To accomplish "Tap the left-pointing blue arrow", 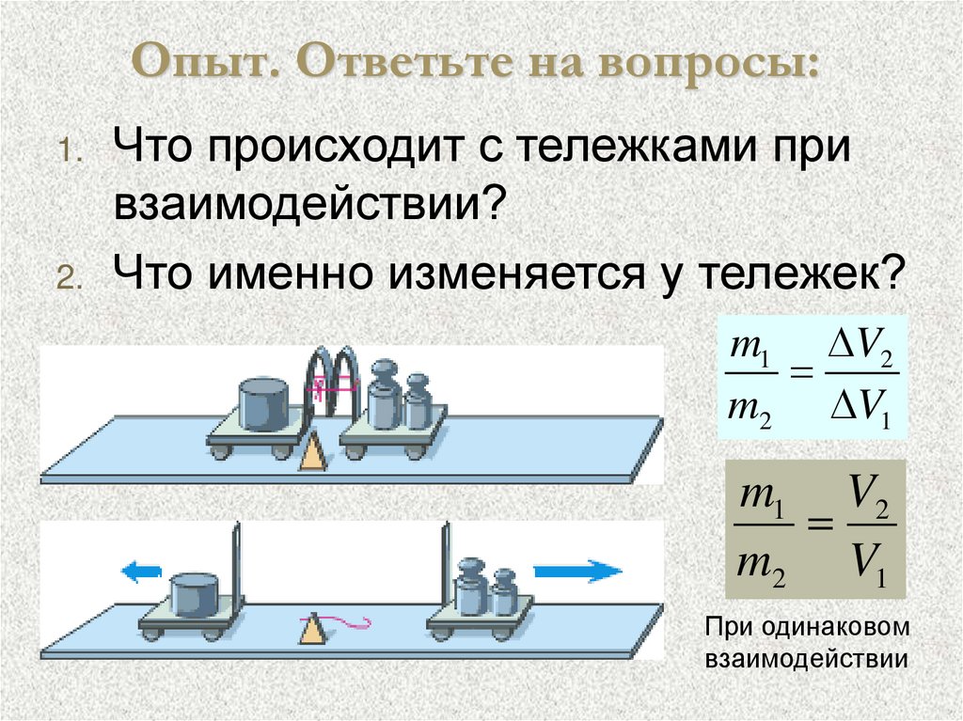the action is tap(140, 572).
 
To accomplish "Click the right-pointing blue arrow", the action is tap(576, 570).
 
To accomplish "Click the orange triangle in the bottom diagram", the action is tap(311, 630).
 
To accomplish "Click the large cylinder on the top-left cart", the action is tap(264, 401).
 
